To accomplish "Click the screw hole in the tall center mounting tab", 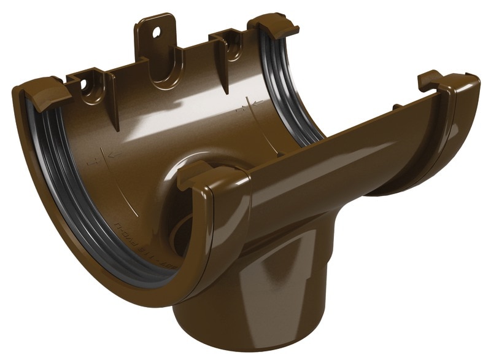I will click(x=155, y=30).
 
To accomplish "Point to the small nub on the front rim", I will click(x=397, y=107).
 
